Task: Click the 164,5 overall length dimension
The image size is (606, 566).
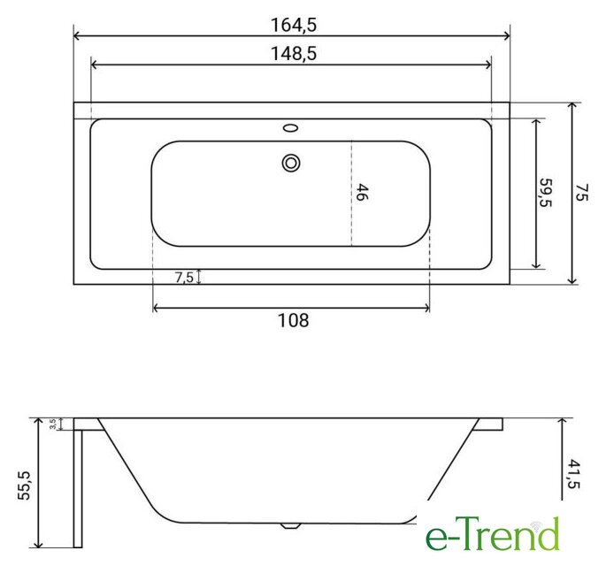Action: pyautogui.click(x=294, y=26)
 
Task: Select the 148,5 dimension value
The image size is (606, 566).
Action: pyautogui.click(x=294, y=54)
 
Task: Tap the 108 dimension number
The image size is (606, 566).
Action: pyautogui.click(x=294, y=320)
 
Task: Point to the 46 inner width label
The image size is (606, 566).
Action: pyautogui.click(x=361, y=192)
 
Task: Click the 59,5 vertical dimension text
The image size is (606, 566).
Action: pyautogui.click(x=546, y=193)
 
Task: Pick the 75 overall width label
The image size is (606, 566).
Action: pyautogui.click(x=581, y=192)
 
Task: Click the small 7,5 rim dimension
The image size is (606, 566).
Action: pyautogui.click(x=184, y=277)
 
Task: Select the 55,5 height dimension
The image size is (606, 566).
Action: pyautogui.click(x=25, y=486)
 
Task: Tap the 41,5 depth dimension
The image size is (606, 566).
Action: pyautogui.click(x=573, y=474)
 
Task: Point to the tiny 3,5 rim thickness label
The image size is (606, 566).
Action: pyautogui.click(x=53, y=424)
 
